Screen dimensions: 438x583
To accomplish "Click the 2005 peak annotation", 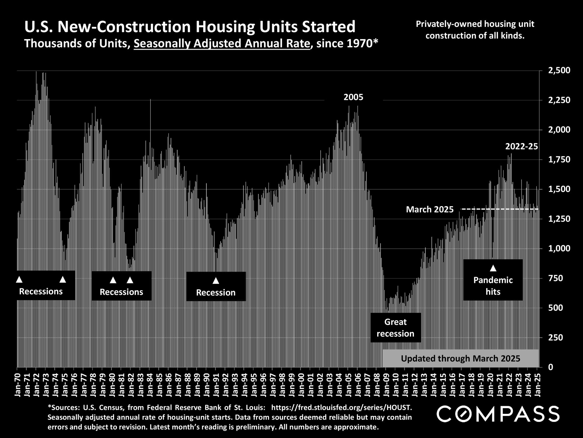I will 353,97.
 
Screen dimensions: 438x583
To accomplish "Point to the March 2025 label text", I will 430,209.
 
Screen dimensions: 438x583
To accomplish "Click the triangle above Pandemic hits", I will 493,268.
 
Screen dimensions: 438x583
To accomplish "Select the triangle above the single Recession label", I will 216,281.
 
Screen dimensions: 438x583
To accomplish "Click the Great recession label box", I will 396,328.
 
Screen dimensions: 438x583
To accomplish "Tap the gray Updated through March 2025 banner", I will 460,358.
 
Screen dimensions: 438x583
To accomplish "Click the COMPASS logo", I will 498,414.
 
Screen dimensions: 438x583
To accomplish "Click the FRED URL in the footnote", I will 342,407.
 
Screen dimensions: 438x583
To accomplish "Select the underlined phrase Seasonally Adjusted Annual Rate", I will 222,44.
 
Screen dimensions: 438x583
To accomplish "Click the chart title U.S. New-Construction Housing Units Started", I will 190,27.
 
